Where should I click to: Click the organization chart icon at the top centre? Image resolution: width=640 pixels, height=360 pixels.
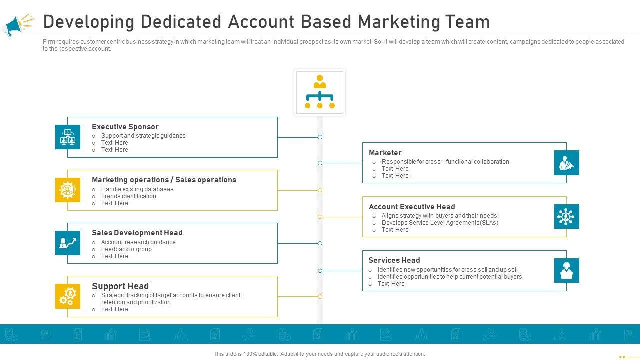click(320, 92)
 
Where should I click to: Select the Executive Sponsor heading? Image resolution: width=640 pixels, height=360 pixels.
click(125, 127)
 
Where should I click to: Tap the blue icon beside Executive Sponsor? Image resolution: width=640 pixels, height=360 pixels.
click(68, 137)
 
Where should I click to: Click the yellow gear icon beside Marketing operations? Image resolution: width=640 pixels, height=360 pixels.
click(68, 190)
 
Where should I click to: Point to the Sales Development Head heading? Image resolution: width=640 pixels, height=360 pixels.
click(137, 233)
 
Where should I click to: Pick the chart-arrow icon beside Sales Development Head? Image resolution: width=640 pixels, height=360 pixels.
click(68, 243)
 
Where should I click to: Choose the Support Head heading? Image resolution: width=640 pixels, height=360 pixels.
click(120, 286)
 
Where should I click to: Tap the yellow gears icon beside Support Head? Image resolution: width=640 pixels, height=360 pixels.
click(68, 296)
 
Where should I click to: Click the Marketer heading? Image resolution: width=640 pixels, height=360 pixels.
click(385, 153)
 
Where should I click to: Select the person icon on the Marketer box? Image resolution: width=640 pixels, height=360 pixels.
click(566, 163)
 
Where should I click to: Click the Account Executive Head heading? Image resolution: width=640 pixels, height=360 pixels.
click(412, 207)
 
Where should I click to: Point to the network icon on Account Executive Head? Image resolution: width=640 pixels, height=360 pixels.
click(566, 217)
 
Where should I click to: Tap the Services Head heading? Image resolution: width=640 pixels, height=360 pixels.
click(394, 260)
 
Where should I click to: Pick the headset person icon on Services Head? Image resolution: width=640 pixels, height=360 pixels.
click(566, 271)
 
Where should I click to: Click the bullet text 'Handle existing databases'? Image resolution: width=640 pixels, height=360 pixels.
click(137, 189)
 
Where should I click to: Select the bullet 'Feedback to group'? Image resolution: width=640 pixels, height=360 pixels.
click(126, 249)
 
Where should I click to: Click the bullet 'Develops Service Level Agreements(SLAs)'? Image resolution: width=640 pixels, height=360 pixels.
click(440, 223)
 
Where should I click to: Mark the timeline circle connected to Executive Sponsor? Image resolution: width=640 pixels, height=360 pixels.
click(320, 137)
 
